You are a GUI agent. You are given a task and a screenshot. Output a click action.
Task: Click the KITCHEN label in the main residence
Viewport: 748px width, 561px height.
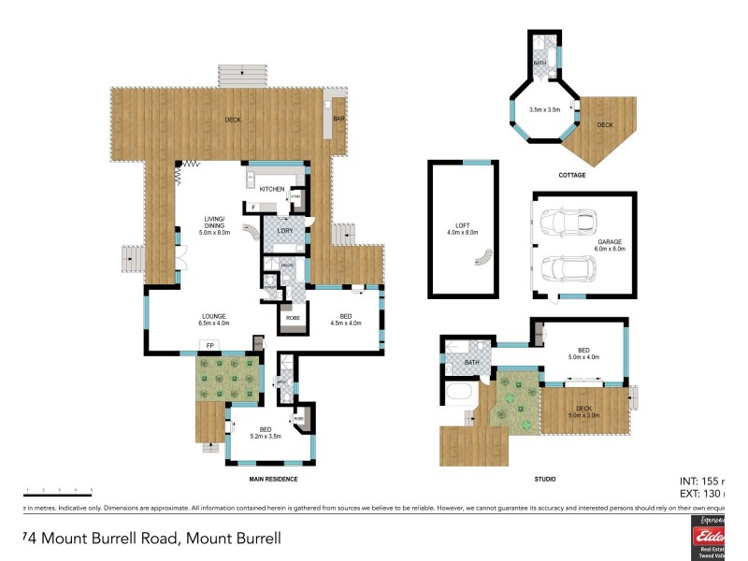tap(272, 190)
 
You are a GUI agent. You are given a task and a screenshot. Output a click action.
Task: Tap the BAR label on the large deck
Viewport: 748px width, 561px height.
tap(339, 120)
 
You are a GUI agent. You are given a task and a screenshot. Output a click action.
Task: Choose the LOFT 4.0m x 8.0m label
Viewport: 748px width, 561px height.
tap(464, 228)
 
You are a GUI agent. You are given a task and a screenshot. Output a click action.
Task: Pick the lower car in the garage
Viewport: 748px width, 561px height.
tap(569, 268)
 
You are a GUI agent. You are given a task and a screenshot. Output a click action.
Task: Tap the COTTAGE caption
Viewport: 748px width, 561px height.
tap(572, 175)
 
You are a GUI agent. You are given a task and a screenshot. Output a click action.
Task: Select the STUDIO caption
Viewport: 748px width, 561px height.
tap(545, 479)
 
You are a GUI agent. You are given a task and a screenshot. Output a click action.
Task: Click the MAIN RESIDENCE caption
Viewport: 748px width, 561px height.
tap(273, 479)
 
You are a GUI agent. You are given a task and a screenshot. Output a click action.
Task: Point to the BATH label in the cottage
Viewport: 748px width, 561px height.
tap(539, 64)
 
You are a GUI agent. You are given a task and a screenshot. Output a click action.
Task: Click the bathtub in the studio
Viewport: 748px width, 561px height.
tap(461, 403)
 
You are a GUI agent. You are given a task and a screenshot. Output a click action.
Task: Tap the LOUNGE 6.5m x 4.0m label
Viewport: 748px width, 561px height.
tap(214, 320)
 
